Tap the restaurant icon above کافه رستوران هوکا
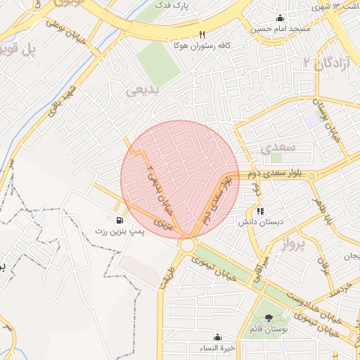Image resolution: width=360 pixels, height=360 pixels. tap(202, 34)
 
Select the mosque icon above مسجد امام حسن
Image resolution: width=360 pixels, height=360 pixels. tap(281, 18)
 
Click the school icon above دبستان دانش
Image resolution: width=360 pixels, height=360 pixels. tap(260, 210)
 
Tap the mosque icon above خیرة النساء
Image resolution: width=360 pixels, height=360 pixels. tap(217, 337)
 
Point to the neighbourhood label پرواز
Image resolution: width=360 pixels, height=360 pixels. tap(295, 245)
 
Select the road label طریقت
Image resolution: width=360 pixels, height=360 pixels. tap(167, 270)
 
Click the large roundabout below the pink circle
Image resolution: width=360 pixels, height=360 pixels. tap(187, 245)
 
